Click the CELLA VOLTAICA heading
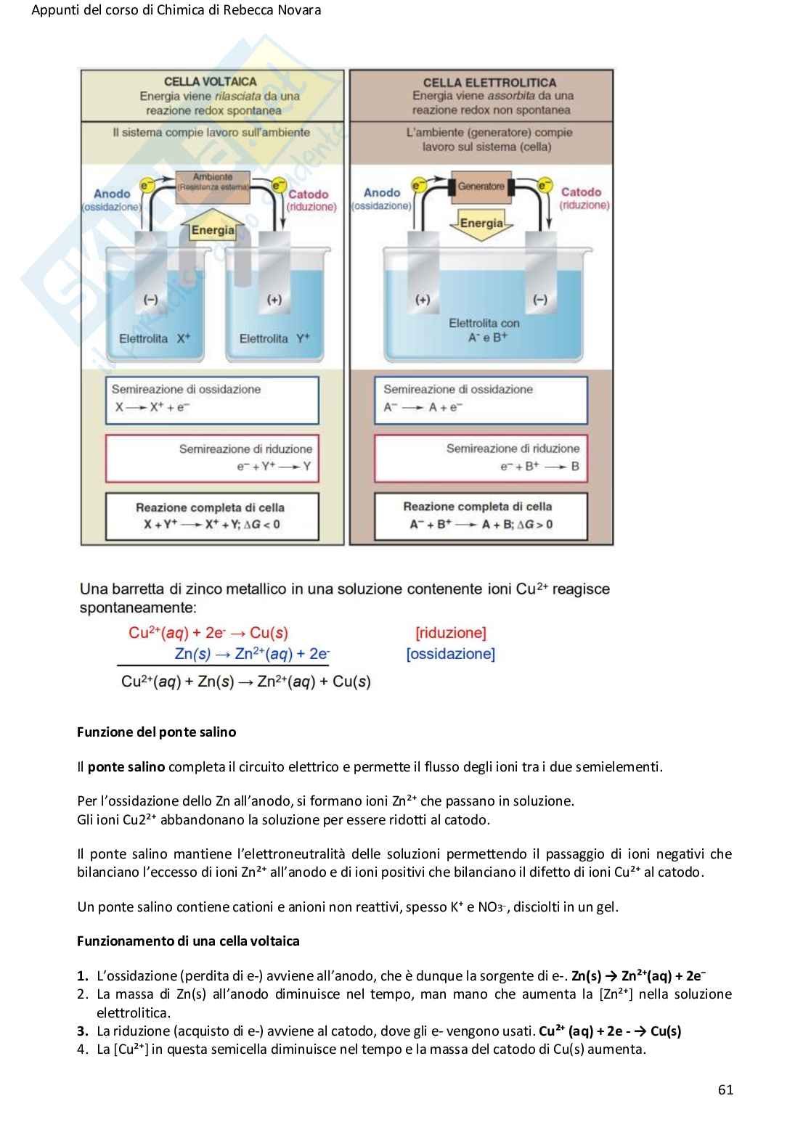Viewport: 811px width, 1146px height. pyautogui.click(x=210, y=82)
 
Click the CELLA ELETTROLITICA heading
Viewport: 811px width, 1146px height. pyautogui.click(x=489, y=83)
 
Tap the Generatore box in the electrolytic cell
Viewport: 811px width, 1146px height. pyautogui.click(x=481, y=187)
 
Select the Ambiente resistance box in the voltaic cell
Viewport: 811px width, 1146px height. pyautogui.click(x=213, y=182)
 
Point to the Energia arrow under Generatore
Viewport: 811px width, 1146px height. pyautogui.click(x=481, y=222)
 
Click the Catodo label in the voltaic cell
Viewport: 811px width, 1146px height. pyautogui.click(x=309, y=194)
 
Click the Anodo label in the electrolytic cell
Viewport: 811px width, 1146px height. pyautogui.click(x=382, y=192)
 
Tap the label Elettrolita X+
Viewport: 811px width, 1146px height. pyautogui.click(x=155, y=339)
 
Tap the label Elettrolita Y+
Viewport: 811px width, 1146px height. pyautogui.click(x=274, y=339)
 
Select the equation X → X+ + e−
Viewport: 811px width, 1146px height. pyautogui.click(x=152, y=407)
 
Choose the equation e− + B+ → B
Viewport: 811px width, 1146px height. pyautogui.click(x=539, y=467)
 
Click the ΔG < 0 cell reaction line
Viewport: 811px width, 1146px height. pyautogui.click(x=211, y=524)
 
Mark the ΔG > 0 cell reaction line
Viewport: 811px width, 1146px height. pyautogui.click(x=481, y=524)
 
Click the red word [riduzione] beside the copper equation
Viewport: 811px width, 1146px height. pyautogui.click(x=451, y=633)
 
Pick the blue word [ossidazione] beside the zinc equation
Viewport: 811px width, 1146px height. pyautogui.click(x=450, y=654)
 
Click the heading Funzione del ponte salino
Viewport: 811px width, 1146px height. pyautogui.click(x=156, y=732)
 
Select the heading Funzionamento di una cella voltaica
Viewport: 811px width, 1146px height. pyautogui.click(x=188, y=941)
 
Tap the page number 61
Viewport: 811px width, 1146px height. pyautogui.click(x=725, y=1089)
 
